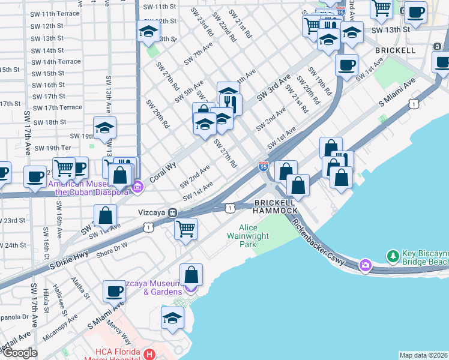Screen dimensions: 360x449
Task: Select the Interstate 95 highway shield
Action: [x=264, y=166]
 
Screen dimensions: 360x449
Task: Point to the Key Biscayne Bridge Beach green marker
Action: [x=393, y=256]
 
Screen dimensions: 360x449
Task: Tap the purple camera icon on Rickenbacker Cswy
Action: [x=365, y=265]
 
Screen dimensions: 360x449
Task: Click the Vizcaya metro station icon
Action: [x=172, y=212]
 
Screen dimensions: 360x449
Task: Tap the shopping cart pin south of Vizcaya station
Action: [x=186, y=229]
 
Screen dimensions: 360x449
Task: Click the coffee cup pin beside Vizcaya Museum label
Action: [x=114, y=292]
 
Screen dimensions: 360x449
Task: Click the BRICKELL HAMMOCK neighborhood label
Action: [x=276, y=206]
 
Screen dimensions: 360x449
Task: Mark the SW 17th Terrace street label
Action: [x=58, y=107]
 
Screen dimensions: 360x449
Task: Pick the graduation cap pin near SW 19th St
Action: [x=104, y=128]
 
